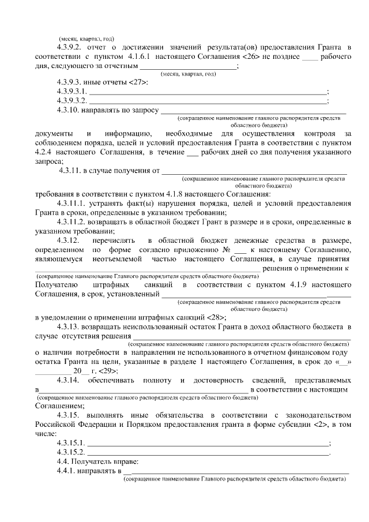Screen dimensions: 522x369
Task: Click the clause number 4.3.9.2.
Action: (71, 46)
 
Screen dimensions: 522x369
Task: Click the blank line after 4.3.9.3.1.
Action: (208, 92)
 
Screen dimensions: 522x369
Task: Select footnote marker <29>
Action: (108, 371)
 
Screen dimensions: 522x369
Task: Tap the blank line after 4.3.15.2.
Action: (208, 452)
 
